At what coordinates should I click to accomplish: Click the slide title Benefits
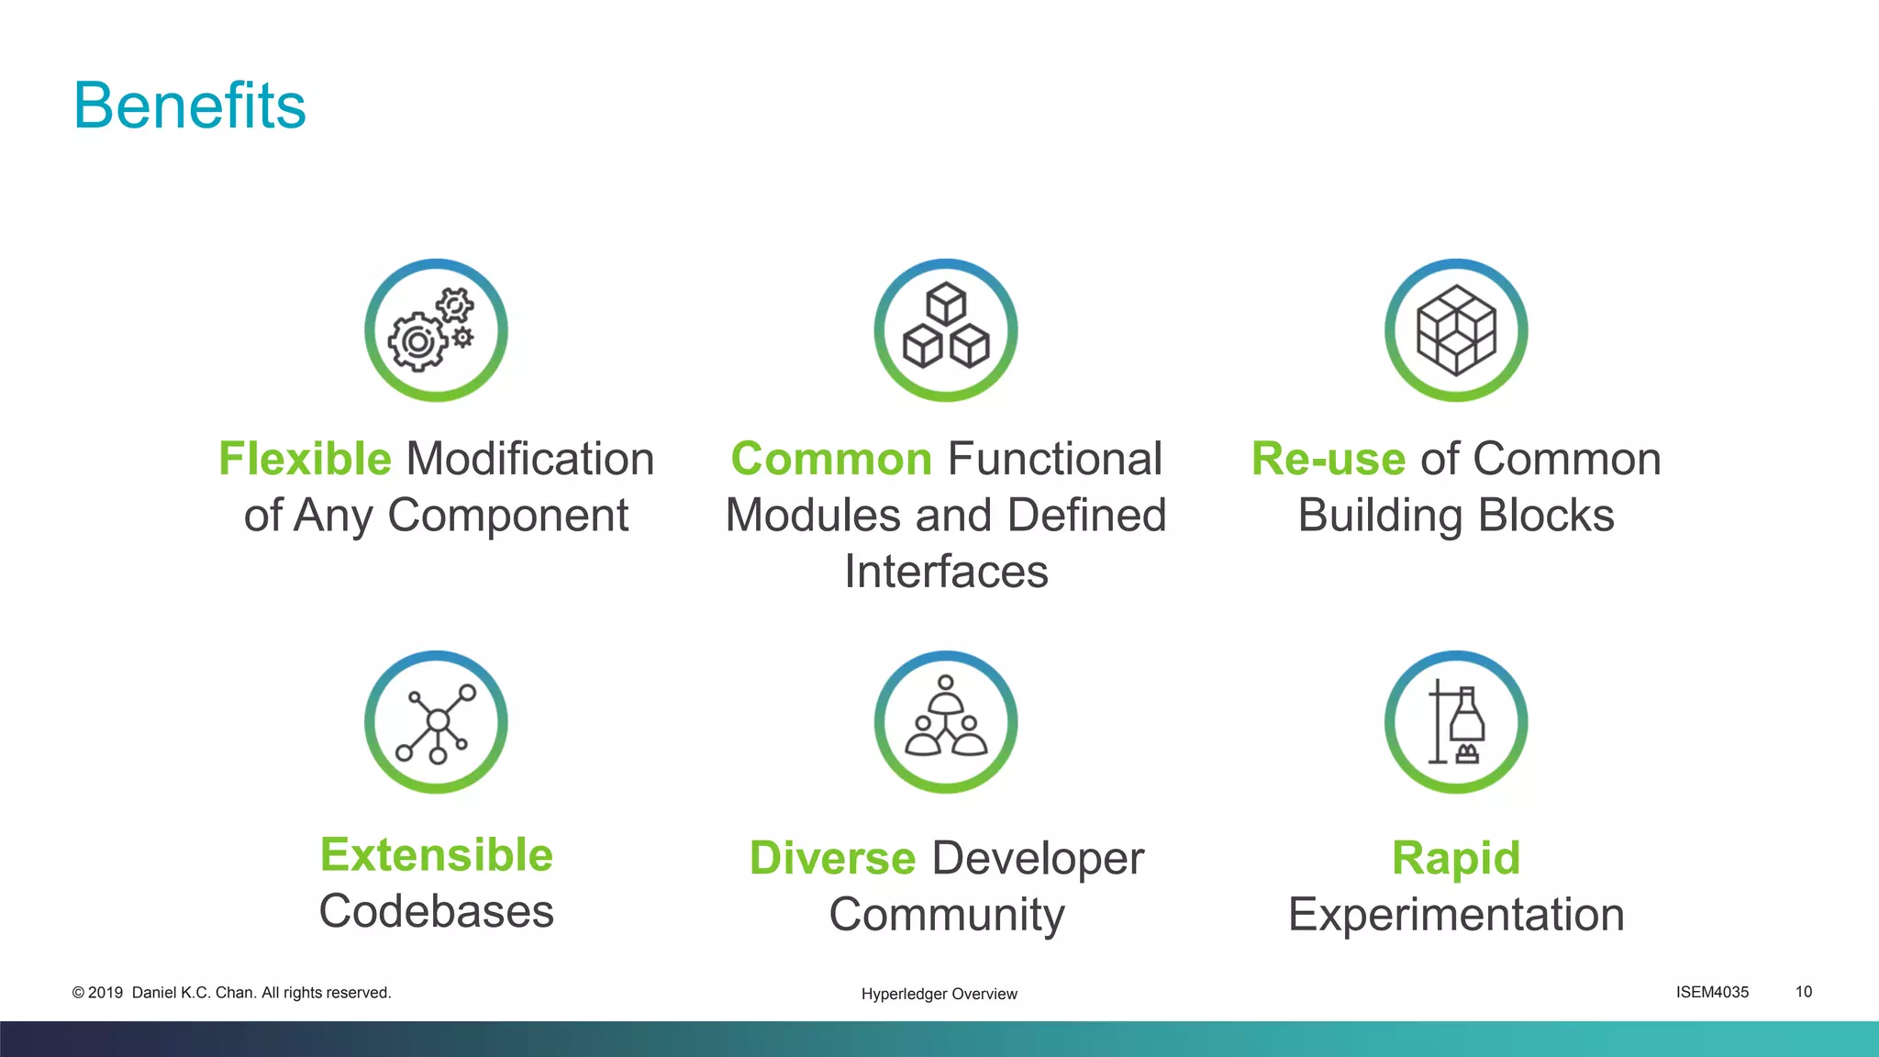coord(189,106)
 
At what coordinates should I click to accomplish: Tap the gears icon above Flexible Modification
coord(436,330)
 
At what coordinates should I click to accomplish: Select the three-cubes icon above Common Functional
coord(946,330)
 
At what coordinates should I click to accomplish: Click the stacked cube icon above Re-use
coord(1456,330)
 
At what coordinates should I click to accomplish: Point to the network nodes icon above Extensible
coord(436,723)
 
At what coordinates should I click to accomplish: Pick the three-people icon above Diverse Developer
coord(946,723)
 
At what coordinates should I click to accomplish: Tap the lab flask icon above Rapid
coord(1456,723)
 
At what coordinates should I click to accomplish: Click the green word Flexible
coord(305,459)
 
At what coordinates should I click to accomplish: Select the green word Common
coord(831,459)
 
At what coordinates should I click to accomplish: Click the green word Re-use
coord(1328,459)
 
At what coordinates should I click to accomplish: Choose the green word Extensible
coord(437,855)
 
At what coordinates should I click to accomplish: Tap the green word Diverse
coord(832,859)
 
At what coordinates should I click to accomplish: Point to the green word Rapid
coord(1456,859)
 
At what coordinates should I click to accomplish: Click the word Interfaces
coord(946,572)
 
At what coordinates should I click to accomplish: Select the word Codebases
coord(437,912)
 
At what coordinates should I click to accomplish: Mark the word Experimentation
coord(1456,915)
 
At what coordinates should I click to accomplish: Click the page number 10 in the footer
coord(1804,992)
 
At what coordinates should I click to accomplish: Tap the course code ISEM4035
coord(1712,992)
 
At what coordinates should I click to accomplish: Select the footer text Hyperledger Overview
coord(939,994)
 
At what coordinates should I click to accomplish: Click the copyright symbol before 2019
coord(78,993)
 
